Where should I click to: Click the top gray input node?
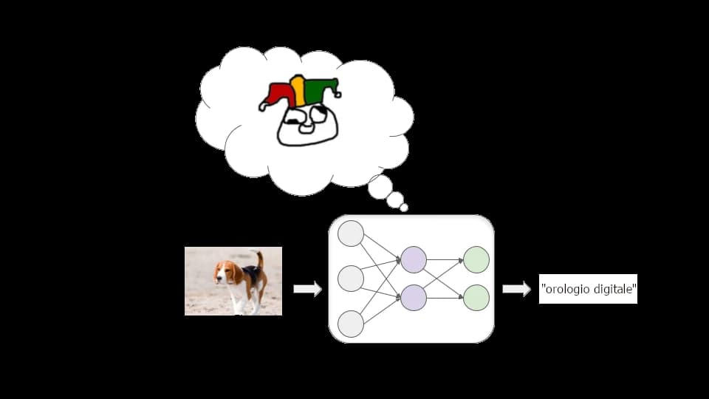click(x=351, y=233)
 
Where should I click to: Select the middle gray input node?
click(x=351, y=279)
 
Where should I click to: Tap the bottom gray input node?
click(x=351, y=324)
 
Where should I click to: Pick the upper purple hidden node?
click(x=414, y=259)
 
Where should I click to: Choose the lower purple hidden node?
click(x=414, y=297)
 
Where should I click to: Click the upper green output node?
click(x=476, y=259)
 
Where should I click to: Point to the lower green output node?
click(x=476, y=297)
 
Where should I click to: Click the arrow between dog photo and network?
click(x=307, y=289)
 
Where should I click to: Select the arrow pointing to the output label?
click(x=516, y=289)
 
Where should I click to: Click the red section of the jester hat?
click(x=278, y=94)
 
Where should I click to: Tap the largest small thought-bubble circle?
click(x=380, y=187)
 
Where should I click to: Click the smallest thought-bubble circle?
click(x=404, y=208)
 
